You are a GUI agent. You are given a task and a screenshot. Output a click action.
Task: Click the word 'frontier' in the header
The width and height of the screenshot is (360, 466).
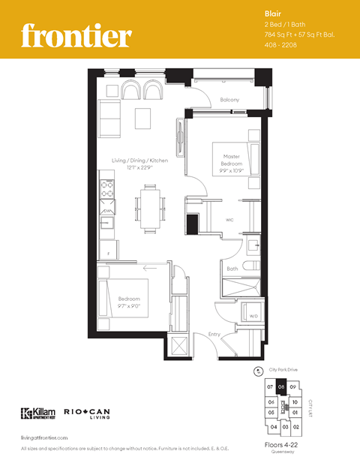pos(76,35)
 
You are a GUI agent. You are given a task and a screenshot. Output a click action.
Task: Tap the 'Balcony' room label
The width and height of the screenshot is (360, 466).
pos(229,100)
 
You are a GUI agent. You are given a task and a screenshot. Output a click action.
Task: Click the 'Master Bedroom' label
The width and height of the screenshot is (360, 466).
pos(231,160)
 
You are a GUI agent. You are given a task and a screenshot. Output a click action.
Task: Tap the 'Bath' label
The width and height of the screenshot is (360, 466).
pos(232,269)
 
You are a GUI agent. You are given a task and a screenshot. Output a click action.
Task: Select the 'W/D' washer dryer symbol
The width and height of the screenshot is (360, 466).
pos(253,316)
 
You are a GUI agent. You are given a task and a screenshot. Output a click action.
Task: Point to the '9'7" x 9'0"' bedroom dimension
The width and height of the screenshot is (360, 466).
pos(130,306)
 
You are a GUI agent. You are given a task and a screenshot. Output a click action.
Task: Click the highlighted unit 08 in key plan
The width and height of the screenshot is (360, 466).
pos(280,387)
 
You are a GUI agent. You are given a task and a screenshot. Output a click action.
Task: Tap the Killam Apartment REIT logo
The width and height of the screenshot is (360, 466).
pos(37,413)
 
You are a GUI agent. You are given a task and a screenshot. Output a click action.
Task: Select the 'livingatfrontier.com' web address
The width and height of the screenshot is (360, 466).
pos(44,437)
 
